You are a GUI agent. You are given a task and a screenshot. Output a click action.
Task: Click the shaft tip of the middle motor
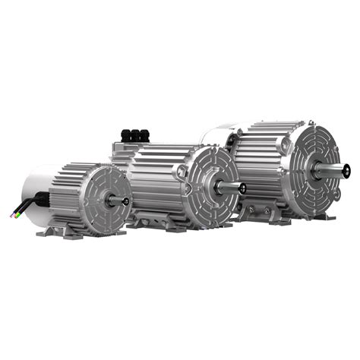[x=242, y=188]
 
